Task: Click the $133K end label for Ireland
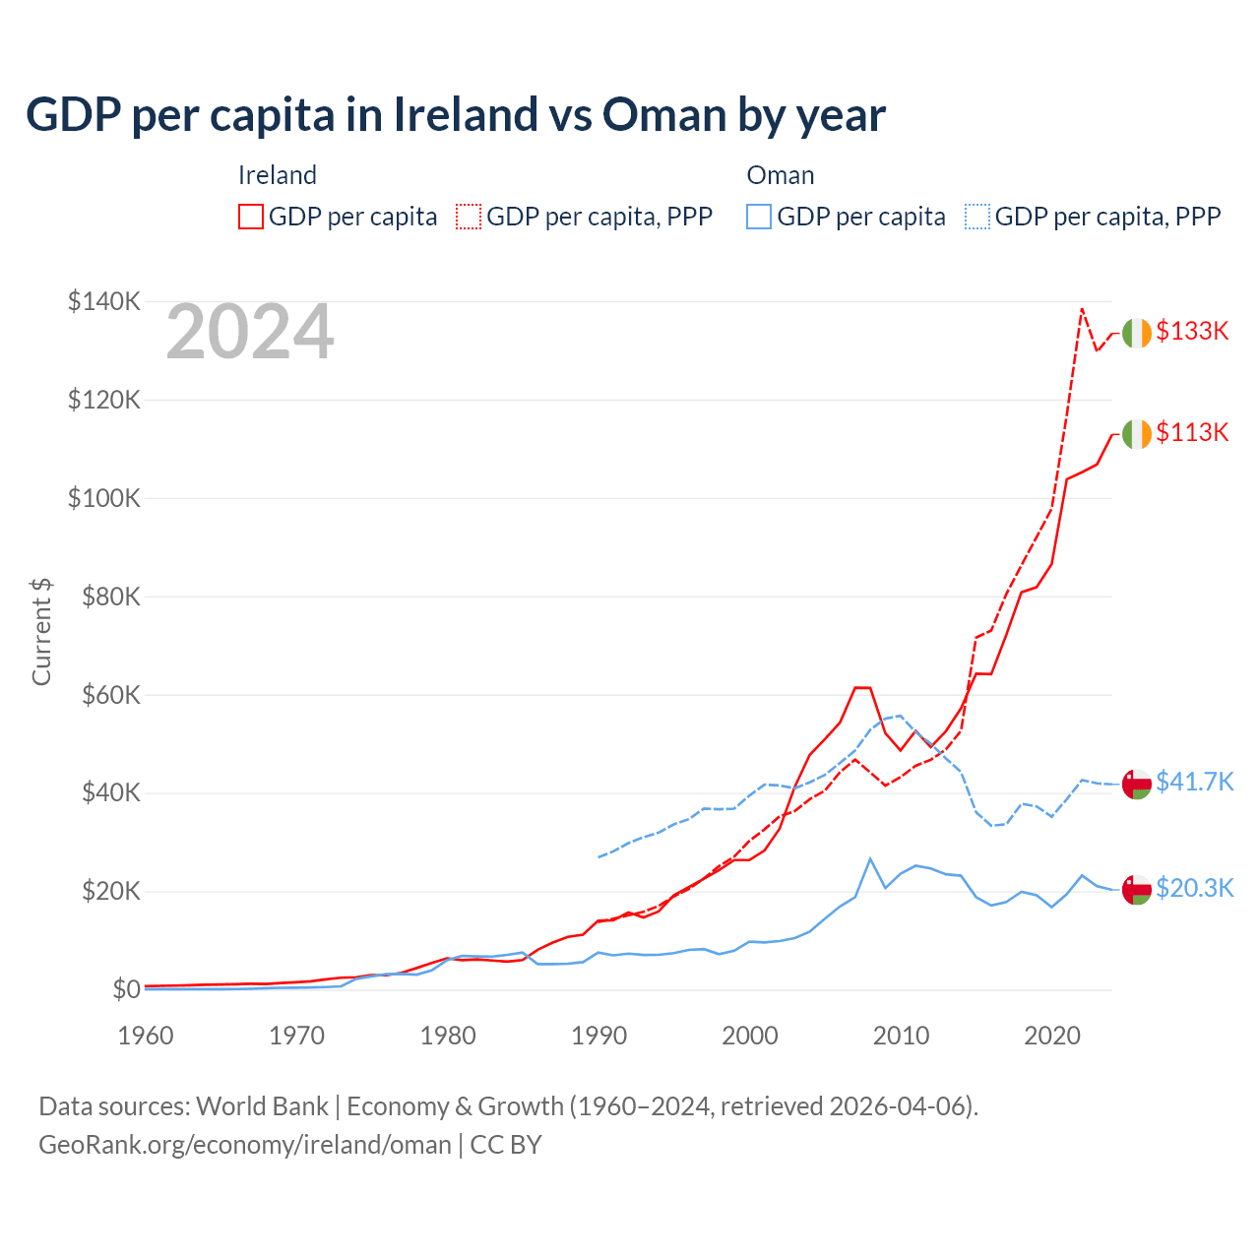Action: point(1192,331)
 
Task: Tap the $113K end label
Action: point(1192,432)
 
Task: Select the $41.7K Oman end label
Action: point(1194,782)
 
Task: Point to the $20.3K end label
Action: point(1194,888)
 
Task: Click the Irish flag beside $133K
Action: point(1136,333)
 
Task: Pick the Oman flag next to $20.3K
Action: point(1136,889)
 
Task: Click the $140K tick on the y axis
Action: point(104,301)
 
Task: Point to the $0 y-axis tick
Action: point(126,989)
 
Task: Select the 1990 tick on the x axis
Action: point(599,1036)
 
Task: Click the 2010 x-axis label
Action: point(902,1036)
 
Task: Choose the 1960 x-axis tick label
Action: point(146,1036)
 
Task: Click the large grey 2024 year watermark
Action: point(250,333)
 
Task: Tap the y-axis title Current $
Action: point(41,632)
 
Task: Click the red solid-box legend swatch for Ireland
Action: point(251,217)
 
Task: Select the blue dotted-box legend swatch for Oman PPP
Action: point(977,217)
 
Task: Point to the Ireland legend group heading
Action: point(278,175)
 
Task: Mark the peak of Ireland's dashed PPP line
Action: point(1082,309)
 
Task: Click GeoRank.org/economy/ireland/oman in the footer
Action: point(244,1145)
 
